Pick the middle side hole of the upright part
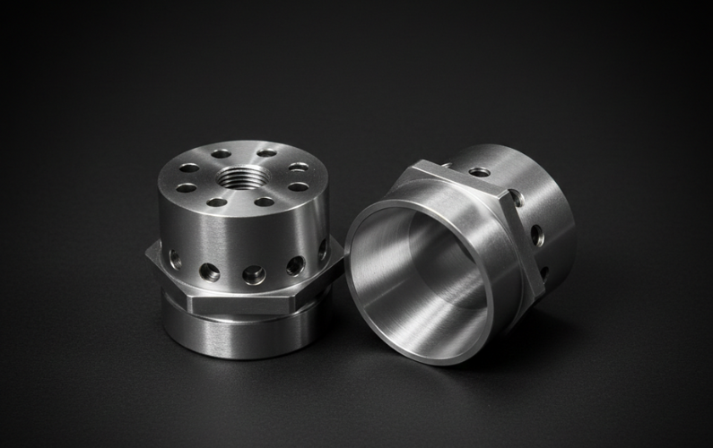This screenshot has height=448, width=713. [254, 275]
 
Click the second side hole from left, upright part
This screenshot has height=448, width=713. [209, 271]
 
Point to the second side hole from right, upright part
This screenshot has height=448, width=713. [295, 265]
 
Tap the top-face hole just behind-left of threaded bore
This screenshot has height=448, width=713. [221, 153]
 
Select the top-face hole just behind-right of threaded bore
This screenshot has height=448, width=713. [266, 152]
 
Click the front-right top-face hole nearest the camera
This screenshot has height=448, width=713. [264, 202]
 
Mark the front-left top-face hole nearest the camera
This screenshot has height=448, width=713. [216, 202]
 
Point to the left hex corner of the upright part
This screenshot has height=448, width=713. [149, 254]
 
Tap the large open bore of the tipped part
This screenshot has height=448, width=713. [413, 269]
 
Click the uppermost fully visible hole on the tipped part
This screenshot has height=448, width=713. [480, 171]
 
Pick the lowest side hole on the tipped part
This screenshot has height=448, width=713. [543, 271]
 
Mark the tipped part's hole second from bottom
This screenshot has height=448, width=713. [536, 236]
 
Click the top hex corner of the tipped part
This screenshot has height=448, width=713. [422, 164]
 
